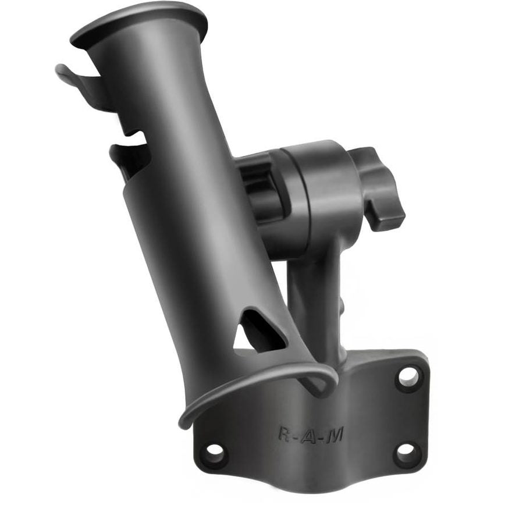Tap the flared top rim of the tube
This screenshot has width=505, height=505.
click(140, 23)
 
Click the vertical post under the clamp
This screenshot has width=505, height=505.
click(314, 303)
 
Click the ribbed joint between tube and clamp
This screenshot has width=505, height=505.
click(256, 186)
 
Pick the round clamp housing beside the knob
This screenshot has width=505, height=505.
click(314, 192)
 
